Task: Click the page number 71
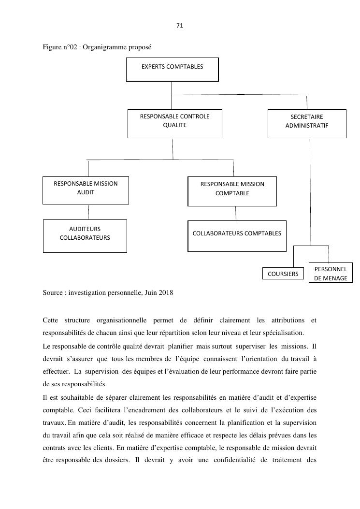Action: pos(180,26)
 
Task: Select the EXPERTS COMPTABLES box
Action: pos(172,69)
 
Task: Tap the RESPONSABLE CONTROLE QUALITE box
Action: pos(174,124)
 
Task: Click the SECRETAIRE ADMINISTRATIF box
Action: pos(307,124)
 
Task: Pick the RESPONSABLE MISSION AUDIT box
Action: pos(86,190)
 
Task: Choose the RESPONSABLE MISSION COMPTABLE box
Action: pos(232,191)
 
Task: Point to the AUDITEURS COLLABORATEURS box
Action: pos(85,236)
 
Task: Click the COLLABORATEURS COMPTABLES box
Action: pos(237,236)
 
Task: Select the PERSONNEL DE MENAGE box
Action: pos(331,273)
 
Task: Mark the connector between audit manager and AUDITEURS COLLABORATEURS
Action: pos(88,212)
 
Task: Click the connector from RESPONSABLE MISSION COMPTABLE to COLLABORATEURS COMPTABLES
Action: pos(236,213)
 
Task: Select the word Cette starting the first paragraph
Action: pos(50,320)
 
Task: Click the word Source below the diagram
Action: pos(52,292)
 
